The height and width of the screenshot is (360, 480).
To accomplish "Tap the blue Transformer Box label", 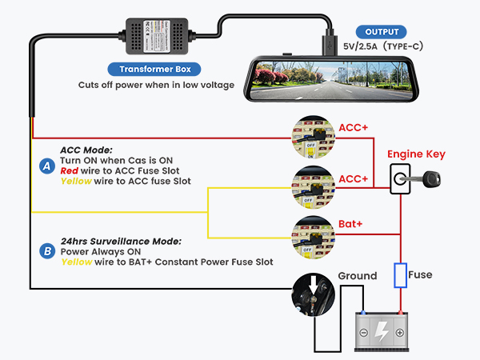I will [x=154, y=69].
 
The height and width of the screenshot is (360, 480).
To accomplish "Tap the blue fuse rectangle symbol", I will [x=400, y=275].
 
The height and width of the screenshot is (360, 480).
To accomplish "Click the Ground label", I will [x=357, y=276].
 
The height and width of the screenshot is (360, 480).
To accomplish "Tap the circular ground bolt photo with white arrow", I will [x=313, y=294].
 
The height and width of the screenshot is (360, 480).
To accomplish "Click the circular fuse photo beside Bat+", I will [x=314, y=231].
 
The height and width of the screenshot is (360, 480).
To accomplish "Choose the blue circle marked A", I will [x=46, y=166].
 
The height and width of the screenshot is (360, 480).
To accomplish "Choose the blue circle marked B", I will [x=46, y=250].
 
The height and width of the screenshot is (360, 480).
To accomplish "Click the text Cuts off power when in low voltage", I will [x=156, y=84].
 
